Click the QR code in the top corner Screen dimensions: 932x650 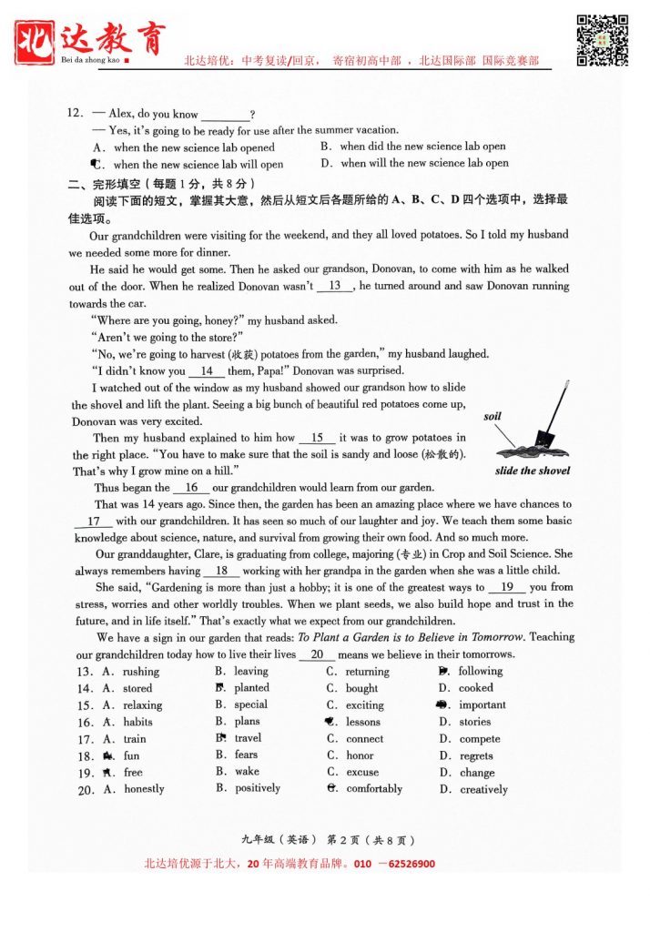[604, 40]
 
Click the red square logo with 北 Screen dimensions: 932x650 [36, 40]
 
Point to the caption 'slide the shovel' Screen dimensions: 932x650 [533, 471]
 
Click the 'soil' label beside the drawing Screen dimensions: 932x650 [493, 416]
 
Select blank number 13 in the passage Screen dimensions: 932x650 [335, 286]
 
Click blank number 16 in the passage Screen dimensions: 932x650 [191, 488]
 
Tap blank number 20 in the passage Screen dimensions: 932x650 [317, 654]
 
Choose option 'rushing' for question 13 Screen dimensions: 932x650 [141, 672]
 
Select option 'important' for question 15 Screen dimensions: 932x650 [482, 705]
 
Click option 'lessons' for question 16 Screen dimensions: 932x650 [363, 722]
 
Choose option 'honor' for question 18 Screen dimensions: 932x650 [360, 755]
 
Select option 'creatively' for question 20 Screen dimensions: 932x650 [483, 789]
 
